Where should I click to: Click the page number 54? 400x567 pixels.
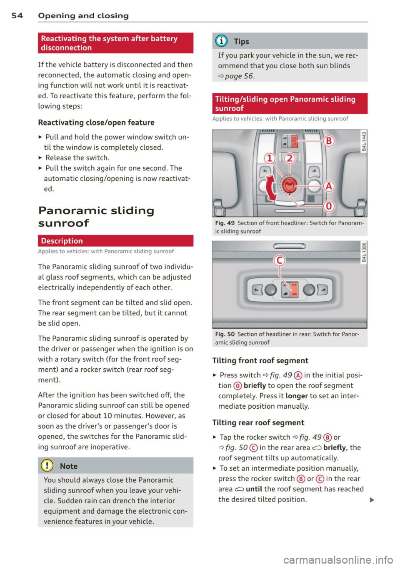17,16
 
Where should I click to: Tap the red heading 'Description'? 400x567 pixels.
62,241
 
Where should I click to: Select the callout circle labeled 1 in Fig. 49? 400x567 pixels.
270,158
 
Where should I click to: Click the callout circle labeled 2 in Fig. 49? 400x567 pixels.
290,158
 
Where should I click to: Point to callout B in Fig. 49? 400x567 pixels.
329,141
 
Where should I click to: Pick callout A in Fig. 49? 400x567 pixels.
329,186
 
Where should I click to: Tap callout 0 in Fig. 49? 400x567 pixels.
329,206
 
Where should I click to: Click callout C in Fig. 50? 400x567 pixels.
279,261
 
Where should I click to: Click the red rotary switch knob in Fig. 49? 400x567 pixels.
289,185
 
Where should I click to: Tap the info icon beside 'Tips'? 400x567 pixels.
223,41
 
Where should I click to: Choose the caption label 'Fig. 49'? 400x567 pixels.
225,223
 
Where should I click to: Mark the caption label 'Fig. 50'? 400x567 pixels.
225,334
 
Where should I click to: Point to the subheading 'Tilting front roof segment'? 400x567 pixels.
260,361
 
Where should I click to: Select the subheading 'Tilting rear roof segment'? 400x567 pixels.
258,423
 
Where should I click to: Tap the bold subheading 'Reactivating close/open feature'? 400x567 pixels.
96,122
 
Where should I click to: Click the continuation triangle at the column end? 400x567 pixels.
372,500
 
